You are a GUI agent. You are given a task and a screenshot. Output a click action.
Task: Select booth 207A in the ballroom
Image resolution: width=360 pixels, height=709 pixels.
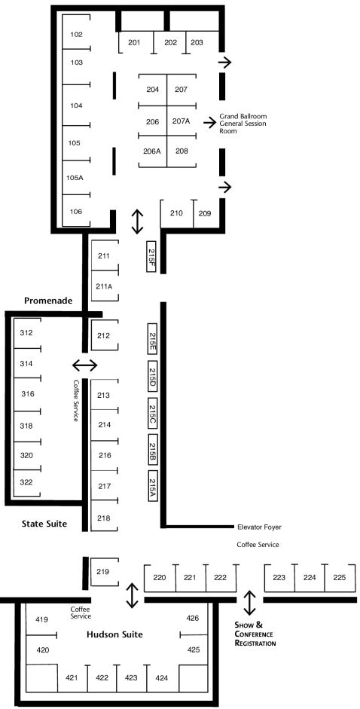[182, 121]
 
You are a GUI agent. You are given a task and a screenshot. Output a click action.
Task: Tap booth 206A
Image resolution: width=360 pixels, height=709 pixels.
[152, 151]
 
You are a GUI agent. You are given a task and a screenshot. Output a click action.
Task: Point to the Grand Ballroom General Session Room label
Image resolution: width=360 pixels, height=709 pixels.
[243, 124]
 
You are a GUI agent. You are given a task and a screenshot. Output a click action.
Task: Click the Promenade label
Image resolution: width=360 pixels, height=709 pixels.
[48, 300]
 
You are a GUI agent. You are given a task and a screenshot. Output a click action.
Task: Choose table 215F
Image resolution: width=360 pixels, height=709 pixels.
[151, 256]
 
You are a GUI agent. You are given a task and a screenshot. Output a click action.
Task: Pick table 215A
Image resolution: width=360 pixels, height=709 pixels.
[152, 486]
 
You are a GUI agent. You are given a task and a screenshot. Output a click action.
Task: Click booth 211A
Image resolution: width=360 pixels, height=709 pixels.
[105, 286]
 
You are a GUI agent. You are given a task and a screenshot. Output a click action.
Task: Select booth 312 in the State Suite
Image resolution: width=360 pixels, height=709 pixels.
[26, 333]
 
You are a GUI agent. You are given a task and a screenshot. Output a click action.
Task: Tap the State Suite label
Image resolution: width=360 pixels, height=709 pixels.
[44, 524]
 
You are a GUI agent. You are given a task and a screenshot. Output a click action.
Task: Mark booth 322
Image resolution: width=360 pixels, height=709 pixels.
[26, 482]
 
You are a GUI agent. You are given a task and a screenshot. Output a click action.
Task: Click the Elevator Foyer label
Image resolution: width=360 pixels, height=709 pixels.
[259, 527]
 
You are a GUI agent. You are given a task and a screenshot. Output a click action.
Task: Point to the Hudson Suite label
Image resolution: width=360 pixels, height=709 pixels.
[114, 634]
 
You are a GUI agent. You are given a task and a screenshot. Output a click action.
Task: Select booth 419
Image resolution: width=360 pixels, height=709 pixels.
[41, 619]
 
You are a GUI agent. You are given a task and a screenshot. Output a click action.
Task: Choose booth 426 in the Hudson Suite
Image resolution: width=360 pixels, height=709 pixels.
[193, 618]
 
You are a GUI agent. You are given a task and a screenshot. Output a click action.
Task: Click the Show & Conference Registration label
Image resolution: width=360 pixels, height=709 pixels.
[255, 634]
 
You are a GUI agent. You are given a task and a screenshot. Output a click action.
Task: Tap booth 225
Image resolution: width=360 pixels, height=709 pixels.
[340, 577]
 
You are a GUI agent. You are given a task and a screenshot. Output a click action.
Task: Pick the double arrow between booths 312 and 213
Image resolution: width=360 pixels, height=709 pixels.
[85, 365]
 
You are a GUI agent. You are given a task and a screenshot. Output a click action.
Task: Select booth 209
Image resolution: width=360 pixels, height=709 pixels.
[205, 213]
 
